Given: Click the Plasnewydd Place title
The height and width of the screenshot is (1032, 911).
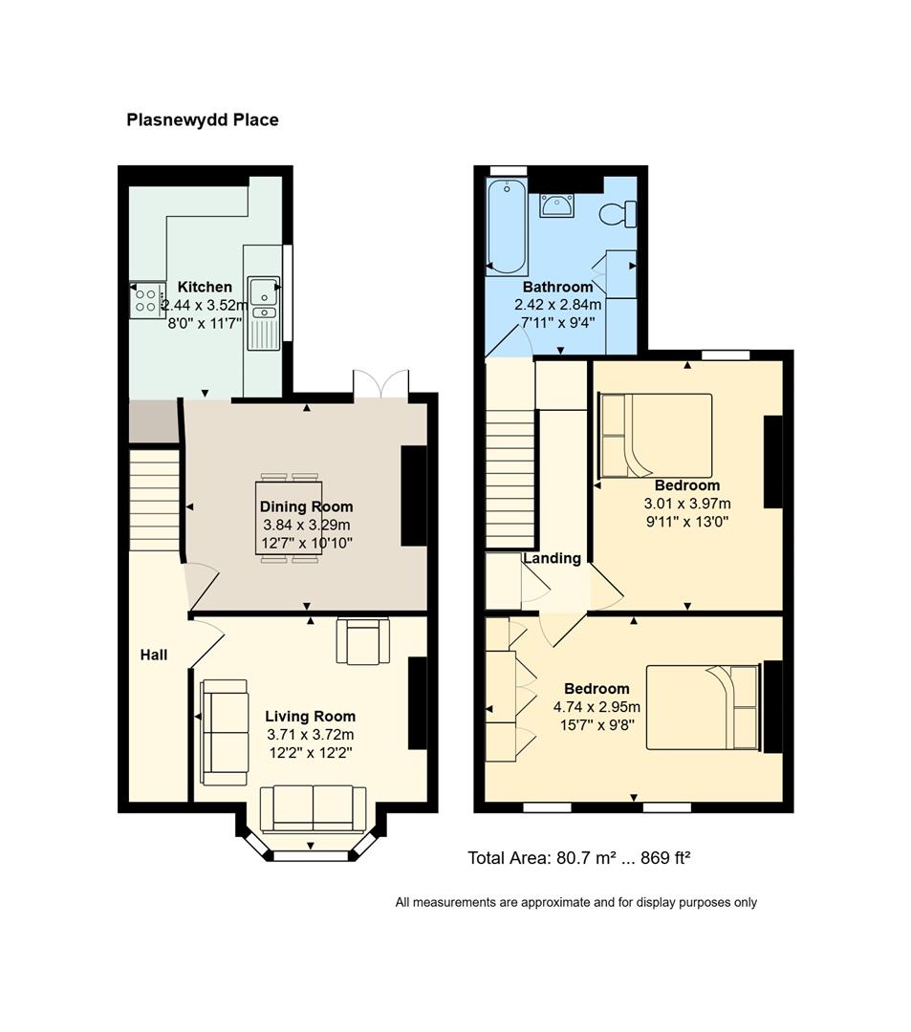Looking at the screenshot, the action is click(202, 119).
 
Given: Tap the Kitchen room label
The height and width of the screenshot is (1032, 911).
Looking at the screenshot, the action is click(205, 287).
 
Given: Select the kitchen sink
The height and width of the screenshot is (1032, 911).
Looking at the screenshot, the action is click(264, 312).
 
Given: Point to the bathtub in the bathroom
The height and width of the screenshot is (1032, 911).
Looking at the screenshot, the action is click(507, 226).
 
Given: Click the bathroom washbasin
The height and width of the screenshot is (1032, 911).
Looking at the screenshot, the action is click(557, 205).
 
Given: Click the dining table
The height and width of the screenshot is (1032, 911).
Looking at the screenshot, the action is click(289, 518).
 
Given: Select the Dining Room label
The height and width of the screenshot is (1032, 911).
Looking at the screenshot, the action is click(306, 506).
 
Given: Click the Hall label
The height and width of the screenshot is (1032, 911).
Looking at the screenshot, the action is click(154, 655).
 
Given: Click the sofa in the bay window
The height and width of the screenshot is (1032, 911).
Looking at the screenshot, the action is click(314, 808).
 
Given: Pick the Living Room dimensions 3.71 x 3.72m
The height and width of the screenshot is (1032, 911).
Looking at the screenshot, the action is click(310, 735).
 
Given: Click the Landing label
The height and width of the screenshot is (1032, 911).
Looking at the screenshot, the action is click(553, 558).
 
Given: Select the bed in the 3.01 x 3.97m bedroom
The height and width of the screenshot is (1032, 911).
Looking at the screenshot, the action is click(656, 435).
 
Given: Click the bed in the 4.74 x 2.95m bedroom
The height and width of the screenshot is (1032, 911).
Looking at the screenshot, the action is click(704, 707).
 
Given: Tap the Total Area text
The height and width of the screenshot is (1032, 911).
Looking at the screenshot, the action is click(579, 858).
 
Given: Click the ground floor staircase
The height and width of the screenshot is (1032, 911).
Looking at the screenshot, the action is click(155, 500).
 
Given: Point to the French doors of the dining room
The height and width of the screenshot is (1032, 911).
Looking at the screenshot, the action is click(381, 384).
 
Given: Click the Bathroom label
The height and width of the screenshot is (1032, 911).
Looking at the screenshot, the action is click(558, 287).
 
